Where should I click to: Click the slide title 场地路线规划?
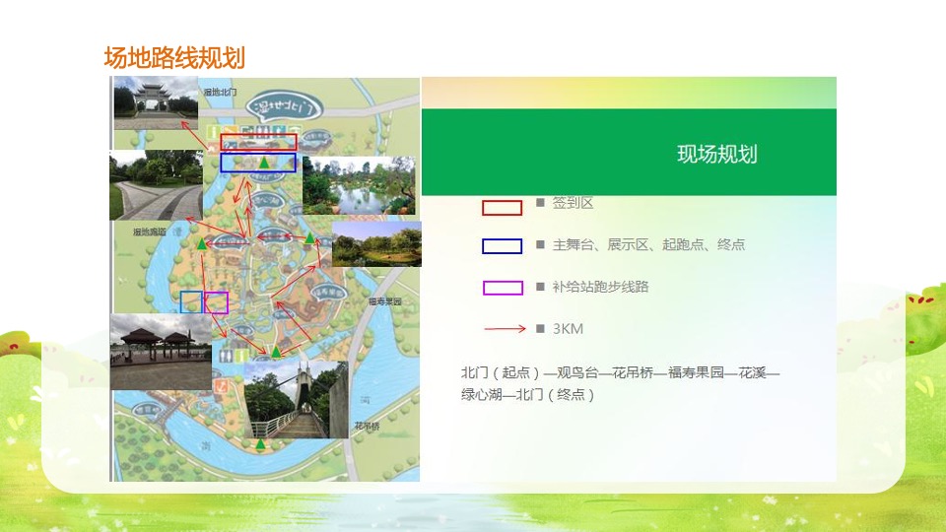(x=174, y=58)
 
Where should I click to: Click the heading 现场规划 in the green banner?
(x=716, y=154)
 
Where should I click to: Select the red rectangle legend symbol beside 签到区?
(x=502, y=208)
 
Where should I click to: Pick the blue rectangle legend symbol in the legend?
(x=502, y=246)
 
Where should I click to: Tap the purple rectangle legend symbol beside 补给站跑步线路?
(x=502, y=288)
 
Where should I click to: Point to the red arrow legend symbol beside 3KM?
(x=504, y=329)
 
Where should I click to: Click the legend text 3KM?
(x=568, y=329)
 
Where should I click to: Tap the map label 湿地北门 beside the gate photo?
(x=220, y=92)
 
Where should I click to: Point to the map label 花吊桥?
(x=366, y=427)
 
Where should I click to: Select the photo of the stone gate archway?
(x=156, y=102)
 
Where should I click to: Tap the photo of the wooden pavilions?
(x=160, y=352)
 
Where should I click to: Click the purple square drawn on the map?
(x=216, y=302)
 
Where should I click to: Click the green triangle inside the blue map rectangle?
(x=263, y=163)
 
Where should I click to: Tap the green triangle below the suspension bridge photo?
(x=260, y=444)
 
